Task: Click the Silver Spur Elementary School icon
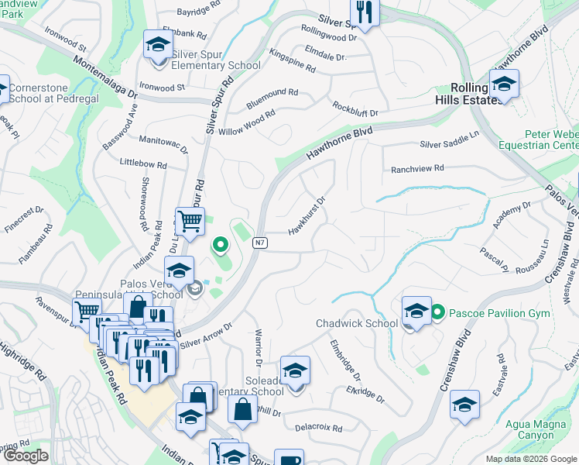click(x=158, y=45)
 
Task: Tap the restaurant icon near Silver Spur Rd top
click(x=362, y=12)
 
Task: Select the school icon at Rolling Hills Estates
click(x=504, y=84)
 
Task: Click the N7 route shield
click(x=260, y=243)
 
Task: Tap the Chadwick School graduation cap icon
click(x=416, y=312)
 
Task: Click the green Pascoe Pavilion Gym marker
click(x=437, y=312)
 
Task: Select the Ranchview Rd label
click(x=417, y=168)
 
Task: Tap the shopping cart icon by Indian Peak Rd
click(x=190, y=222)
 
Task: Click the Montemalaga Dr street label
click(x=105, y=75)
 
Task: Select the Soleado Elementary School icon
click(x=295, y=371)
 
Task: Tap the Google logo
click(x=26, y=456)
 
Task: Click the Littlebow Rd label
click(x=143, y=165)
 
